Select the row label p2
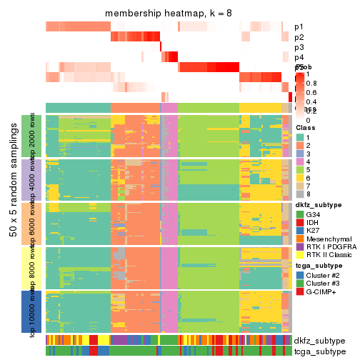299,37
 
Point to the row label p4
299,57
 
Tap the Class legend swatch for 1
300,137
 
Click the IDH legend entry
300,223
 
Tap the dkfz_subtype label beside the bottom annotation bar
319,340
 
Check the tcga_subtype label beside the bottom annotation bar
319,351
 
